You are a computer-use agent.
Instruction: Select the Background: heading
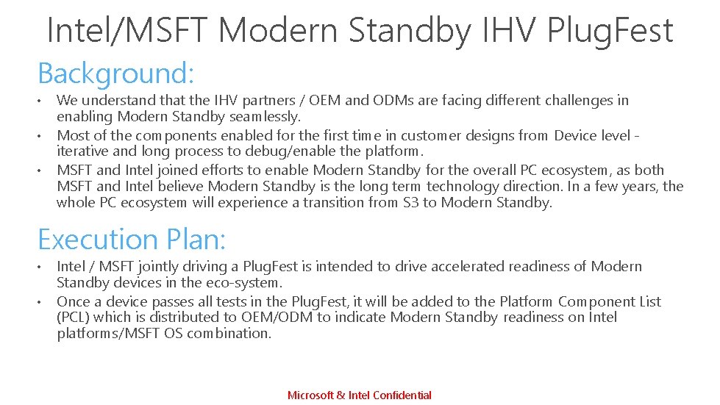(x=115, y=74)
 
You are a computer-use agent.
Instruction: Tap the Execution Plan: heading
(x=132, y=240)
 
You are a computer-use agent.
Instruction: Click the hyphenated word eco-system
(x=246, y=282)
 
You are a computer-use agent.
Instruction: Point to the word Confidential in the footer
(x=402, y=395)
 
